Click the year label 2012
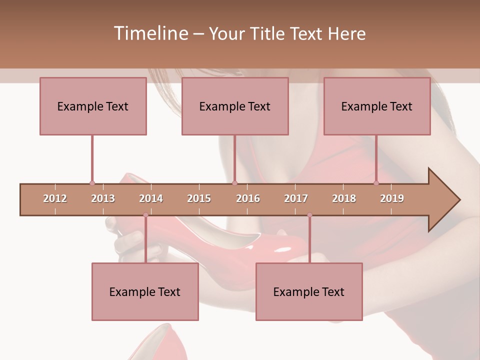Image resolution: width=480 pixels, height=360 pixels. [55, 198]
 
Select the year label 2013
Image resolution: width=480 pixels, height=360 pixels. [103, 198]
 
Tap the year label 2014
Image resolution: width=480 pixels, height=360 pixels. [151, 198]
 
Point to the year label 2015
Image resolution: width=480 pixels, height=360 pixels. [199, 198]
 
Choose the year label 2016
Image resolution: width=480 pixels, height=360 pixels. [248, 198]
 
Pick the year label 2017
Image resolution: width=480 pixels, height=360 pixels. [296, 198]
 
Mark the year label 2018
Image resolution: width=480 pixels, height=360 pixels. [344, 198]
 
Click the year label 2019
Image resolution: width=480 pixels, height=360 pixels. [392, 198]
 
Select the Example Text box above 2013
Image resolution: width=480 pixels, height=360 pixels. [93, 106]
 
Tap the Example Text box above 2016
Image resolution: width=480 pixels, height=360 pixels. [235, 106]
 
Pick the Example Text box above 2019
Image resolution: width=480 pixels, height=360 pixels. [377, 106]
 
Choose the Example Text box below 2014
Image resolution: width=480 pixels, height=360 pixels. [145, 291]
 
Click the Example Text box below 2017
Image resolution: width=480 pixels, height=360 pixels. [309, 291]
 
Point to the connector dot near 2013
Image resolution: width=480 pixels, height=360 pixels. [92, 183]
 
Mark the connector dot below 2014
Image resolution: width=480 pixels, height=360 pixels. [145, 215]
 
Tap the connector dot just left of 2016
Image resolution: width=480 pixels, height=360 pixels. [234, 183]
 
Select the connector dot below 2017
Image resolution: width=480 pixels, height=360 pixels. [309, 215]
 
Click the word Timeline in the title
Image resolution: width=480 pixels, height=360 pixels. [149, 33]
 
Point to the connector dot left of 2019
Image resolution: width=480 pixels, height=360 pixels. [376, 183]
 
